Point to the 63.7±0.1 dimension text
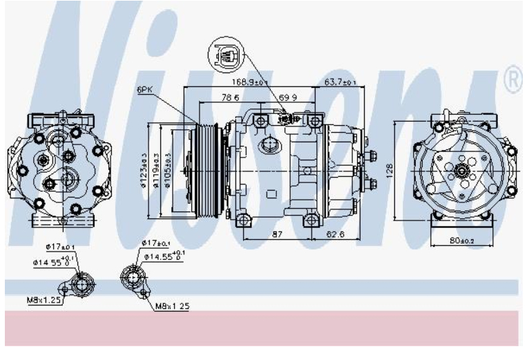tap(340, 82)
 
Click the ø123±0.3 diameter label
tap(144, 169)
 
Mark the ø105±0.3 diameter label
tap(166, 169)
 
